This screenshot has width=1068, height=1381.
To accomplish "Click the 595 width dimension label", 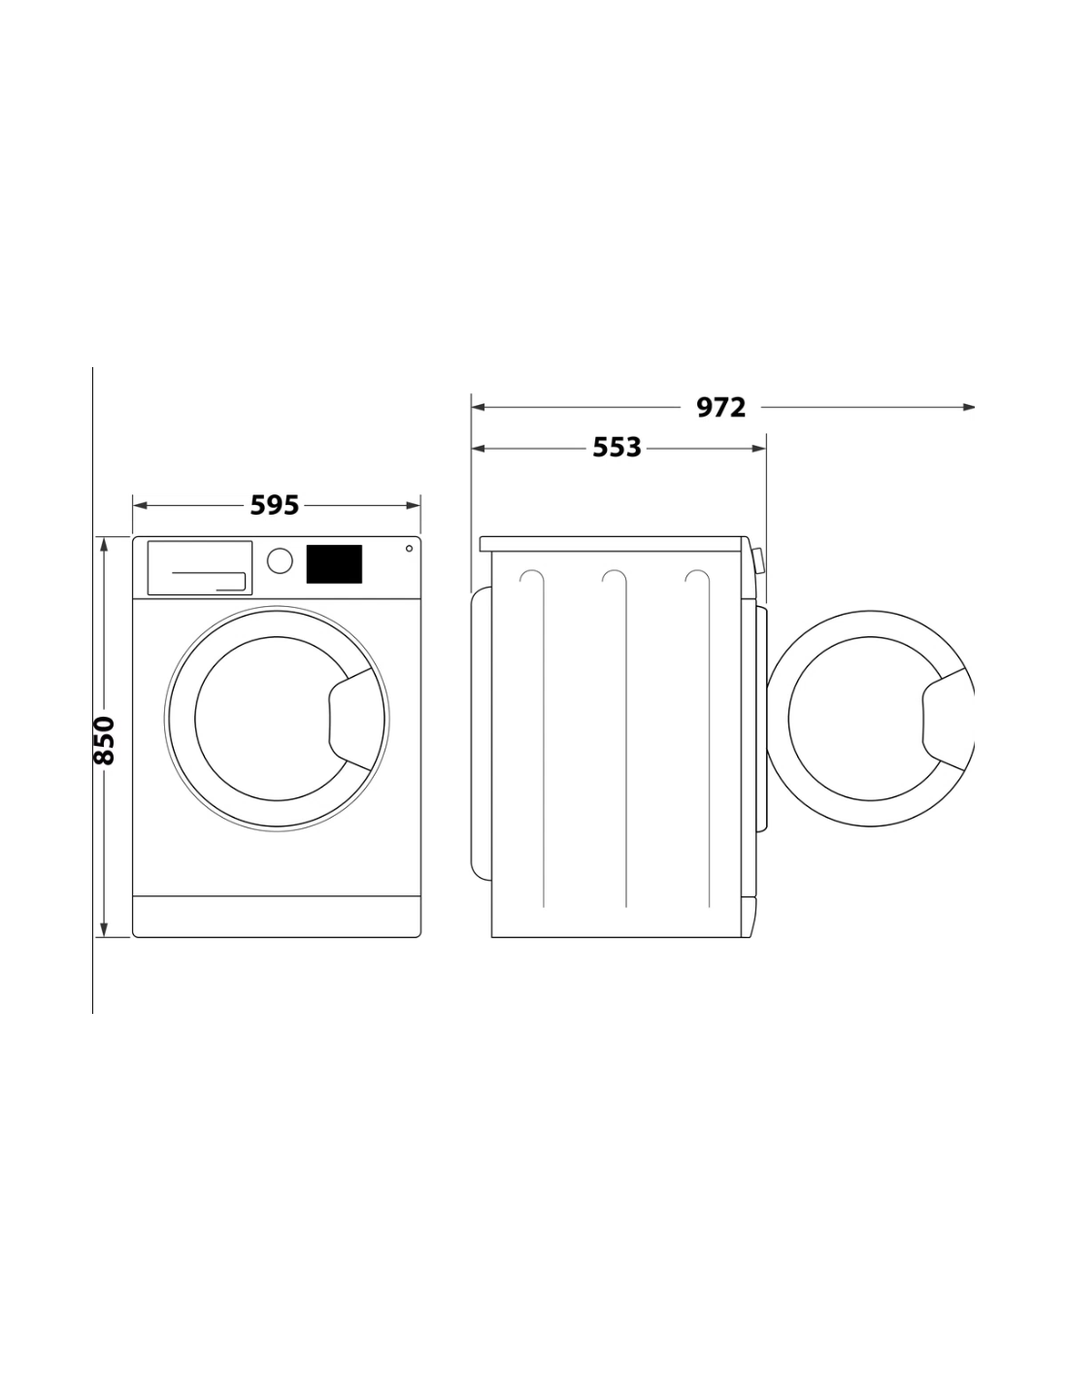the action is tap(274, 505).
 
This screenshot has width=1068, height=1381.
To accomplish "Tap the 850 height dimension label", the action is tap(104, 740).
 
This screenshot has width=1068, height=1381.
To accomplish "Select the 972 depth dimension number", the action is tap(720, 407).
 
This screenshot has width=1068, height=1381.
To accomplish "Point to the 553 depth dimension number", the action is tap(617, 448).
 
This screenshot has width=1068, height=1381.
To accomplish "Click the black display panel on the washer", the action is tap(334, 563).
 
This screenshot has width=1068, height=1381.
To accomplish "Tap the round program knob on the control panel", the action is tap(280, 561).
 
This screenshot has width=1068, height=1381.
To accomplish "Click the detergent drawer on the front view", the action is tap(199, 567).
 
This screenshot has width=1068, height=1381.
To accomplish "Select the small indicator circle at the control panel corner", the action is tap(409, 549).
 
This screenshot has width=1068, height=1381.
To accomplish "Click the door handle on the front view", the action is tap(350, 719).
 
